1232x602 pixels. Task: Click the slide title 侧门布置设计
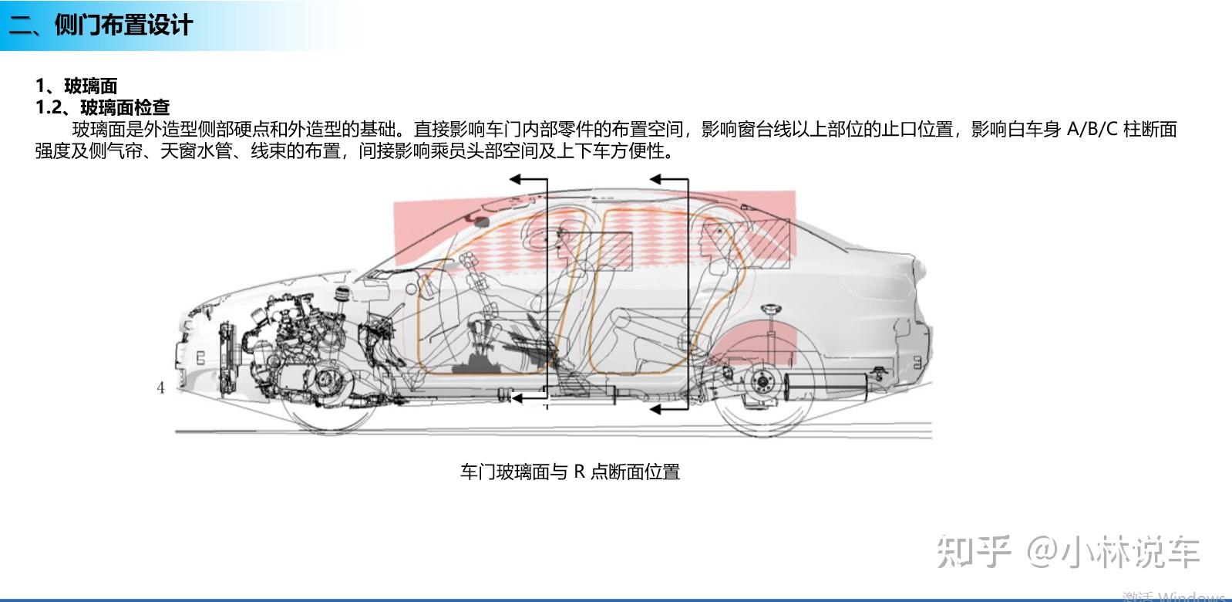tap(123, 25)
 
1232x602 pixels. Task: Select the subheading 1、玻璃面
tap(76, 86)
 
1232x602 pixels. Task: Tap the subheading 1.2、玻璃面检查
tap(103, 107)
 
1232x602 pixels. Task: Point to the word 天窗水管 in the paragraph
tap(196, 150)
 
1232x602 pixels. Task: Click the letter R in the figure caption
tap(579, 472)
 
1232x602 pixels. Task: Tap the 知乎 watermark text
tap(974, 551)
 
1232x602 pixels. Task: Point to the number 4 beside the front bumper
tap(160, 387)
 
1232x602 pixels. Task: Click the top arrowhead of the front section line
tap(515, 179)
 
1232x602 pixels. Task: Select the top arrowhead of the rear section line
tap(655, 179)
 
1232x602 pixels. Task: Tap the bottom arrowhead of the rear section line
tap(655, 409)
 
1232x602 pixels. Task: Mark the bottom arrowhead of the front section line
tap(517, 397)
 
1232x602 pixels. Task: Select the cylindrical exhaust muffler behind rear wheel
tap(826, 387)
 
